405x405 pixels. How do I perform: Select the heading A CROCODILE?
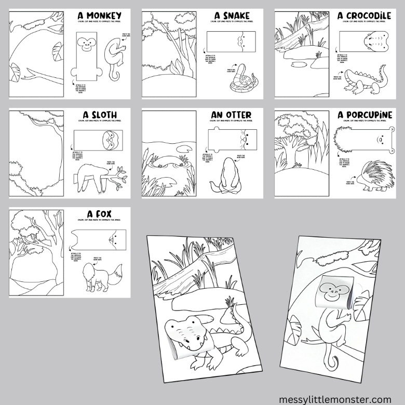(364, 16)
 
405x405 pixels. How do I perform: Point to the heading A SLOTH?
(100, 115)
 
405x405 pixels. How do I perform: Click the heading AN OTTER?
(231, 115)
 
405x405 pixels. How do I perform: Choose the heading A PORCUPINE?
(363, 115)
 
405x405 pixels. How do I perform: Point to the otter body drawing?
(225, 174)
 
